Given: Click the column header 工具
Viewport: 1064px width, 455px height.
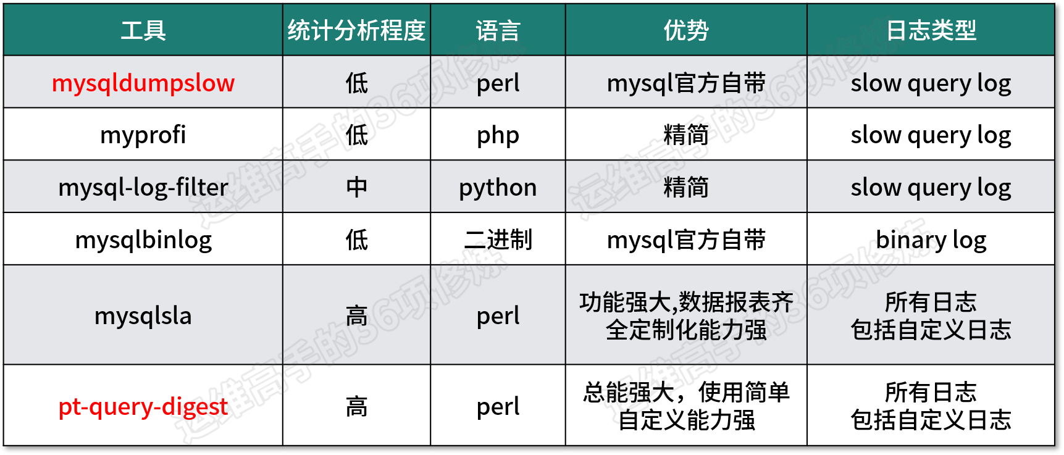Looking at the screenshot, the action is [x=143, y=30].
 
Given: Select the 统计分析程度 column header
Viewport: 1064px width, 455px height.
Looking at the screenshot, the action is [x=356, y=30].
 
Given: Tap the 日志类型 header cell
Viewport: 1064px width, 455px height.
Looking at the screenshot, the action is [x=931, y=30].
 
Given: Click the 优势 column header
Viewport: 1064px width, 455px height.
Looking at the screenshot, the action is [x=686, y=30].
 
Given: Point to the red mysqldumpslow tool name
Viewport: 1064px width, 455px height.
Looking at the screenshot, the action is [x=143, y=83].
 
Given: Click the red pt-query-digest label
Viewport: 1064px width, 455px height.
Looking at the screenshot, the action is [x=143, y=406].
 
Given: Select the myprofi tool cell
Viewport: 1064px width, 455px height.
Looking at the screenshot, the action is [x=143, y=135].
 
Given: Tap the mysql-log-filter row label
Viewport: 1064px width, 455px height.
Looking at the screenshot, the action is [x=143, y=187].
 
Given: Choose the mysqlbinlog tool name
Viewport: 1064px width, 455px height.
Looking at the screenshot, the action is [x=143, y=240].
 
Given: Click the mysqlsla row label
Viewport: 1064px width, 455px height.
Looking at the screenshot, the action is [x=143, y=315].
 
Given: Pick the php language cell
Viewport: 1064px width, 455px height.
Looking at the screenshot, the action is [x=498, y=135].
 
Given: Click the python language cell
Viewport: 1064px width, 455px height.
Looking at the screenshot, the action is [x=498, y=188].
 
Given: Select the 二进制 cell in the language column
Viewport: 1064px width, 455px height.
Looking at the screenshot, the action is [x=498, y=240].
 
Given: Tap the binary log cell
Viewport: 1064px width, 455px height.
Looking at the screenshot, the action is [x=931, y=240].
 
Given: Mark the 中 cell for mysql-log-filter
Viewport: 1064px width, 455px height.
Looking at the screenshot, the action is [x=356, y=187].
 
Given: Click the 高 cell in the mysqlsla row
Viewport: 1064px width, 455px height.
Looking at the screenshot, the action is [x=356, y=315].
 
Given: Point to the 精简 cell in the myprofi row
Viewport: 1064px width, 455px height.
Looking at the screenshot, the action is [x=686, y=135].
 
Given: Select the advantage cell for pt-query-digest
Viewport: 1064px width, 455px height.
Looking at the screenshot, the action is [x=686, y=406].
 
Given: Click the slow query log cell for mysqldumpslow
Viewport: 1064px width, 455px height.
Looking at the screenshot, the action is [x=931, y=83].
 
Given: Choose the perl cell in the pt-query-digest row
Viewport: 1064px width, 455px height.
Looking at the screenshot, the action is [x=498, y=406].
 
